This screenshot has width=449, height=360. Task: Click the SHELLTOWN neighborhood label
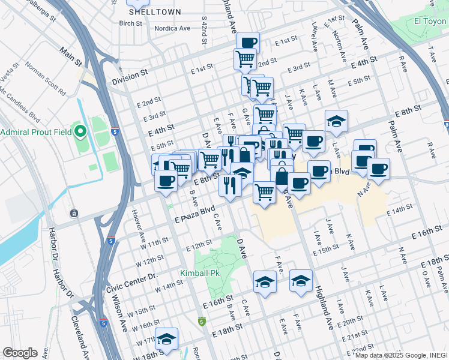(146, 11)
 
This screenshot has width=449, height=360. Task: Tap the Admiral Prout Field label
(35, 132)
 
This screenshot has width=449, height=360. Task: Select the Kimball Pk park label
(200, 273)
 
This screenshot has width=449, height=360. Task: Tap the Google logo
(20, 353)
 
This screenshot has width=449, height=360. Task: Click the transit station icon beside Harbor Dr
(73, 213)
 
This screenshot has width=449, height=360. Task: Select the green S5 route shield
(201, 322)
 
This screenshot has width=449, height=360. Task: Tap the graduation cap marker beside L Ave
(337, 121)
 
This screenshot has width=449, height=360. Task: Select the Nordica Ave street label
(171, 28)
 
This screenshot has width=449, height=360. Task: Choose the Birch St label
(130, 24)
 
